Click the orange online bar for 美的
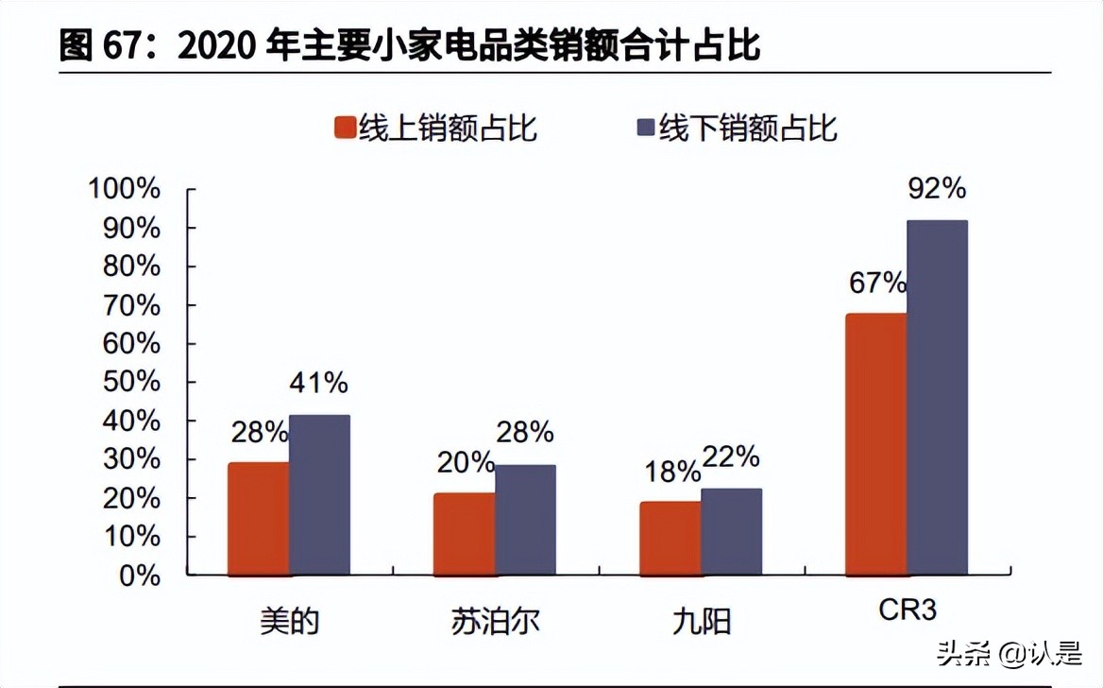[259, 518]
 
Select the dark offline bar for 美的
[319, 494]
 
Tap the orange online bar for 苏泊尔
[465, 533]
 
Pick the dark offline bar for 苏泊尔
[525, 519]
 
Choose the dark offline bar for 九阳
[731, 530]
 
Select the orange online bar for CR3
[876, 443]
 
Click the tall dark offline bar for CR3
[937, 397]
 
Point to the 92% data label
[937, 189]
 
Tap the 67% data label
[877, 283]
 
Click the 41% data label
[319, 383]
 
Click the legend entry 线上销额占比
[437, 128]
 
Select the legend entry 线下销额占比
[738, 128]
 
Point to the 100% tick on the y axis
[125, 189]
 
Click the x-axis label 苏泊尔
[495, 622]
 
